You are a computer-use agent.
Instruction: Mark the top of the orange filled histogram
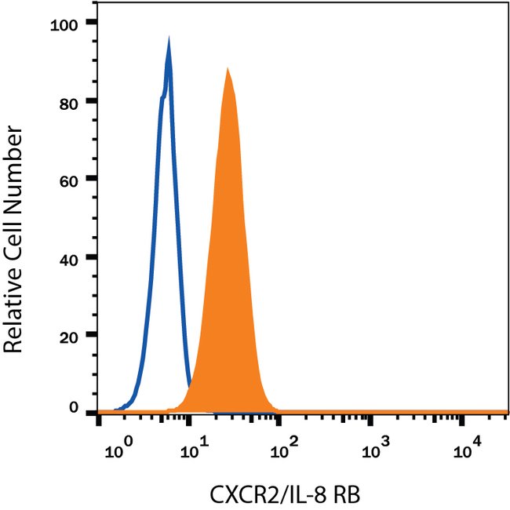pyautogui.click(x=227, y=70)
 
